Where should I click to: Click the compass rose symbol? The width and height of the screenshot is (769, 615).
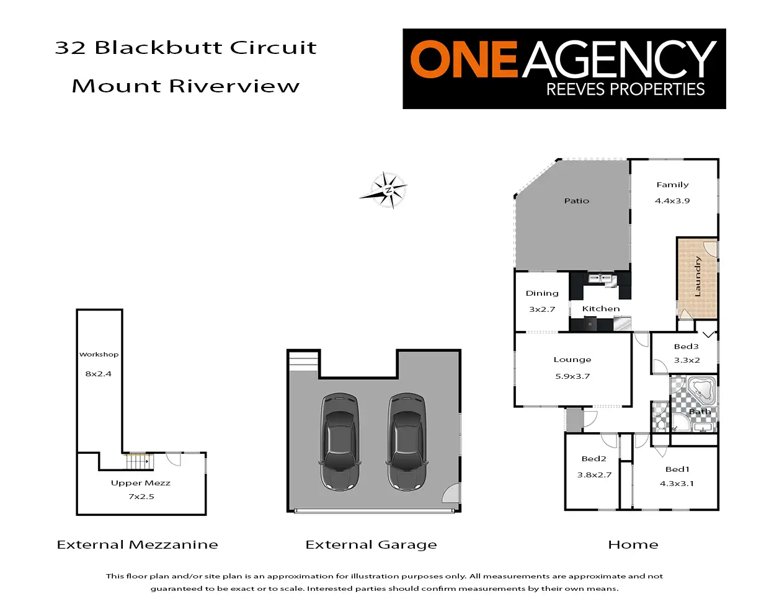pyautogui.click(x=386, y=190)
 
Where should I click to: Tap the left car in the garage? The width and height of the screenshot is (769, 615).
pyautogui.click(x=339, y=441)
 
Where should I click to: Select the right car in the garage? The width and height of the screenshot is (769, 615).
pyautogui.click(x=407, y=441)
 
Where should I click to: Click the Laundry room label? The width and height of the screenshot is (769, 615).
pyautogui.click(x=698, y=277)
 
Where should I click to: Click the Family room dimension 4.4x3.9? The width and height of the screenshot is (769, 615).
pyautogui.click(x=672, y=201)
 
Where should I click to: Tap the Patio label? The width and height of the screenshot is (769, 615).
pyautogui.click(x=577, y=201)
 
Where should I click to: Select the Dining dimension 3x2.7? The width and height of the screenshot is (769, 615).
pyautogui.click(x=542, y=309)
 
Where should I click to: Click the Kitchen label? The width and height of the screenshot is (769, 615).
pyautogui.click(x=601, y=309)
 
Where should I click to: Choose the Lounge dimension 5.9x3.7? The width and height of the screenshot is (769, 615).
pyautogui.click(x=572, y=376)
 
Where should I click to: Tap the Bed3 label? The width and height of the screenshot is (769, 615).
pyautogui.click(x=687, y=347)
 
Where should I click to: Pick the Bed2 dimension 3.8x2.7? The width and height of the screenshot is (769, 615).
pyautogui.click(x=594, y=475)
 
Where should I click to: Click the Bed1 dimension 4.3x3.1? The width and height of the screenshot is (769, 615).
pyautogui.click(x=677, y=484)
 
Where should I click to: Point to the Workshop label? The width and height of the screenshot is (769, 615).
pyautogui.click(x=99, y=355)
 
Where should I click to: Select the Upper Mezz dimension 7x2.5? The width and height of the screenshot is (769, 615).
pyautogui.click(x=141, y=497)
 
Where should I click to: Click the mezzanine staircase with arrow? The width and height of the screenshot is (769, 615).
pyautogui.click(x=138, y=461)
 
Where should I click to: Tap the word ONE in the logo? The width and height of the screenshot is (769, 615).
pyautogui.click(x=463, y=60)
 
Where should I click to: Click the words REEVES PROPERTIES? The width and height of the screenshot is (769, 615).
pyautogui.click(x=625, y=90)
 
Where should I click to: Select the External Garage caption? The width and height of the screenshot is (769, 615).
pyautogui.click(x=371, y=544)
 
